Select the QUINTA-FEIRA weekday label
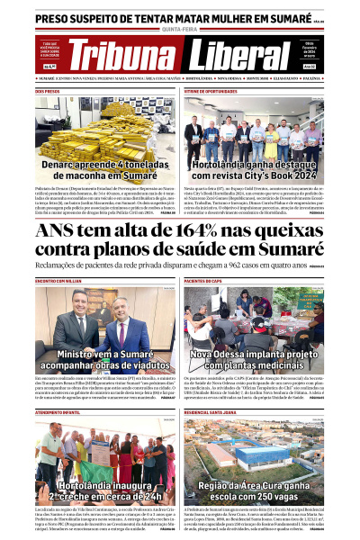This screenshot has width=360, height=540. (180, 28)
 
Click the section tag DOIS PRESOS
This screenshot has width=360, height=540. (47, 91)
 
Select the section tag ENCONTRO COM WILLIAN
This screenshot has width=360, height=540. (58, 281)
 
